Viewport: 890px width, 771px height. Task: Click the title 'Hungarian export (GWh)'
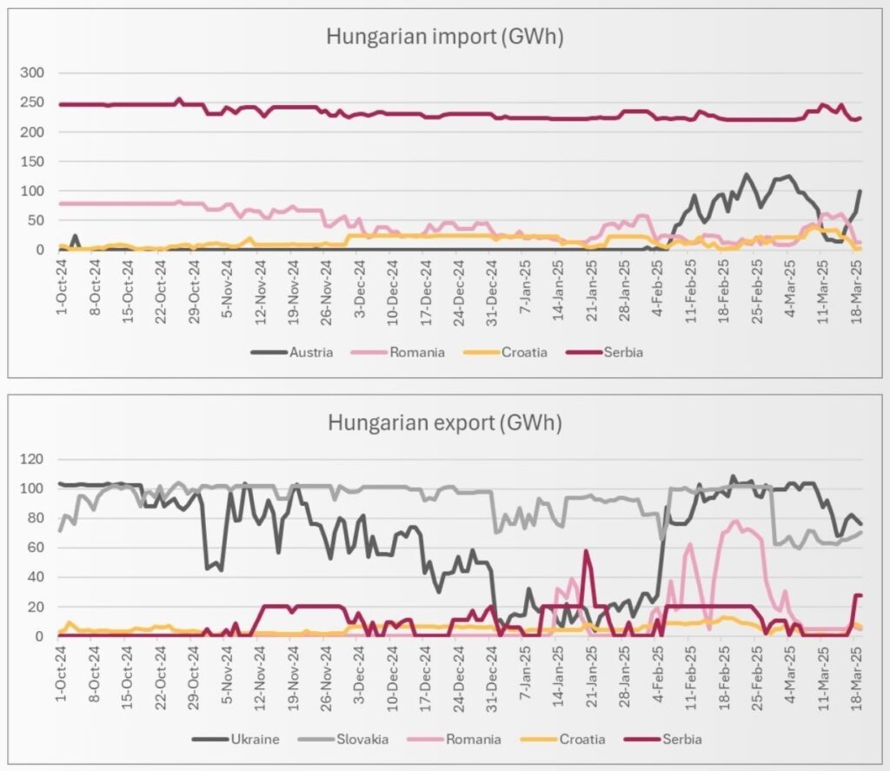(444, 423)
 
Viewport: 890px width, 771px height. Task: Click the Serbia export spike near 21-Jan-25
(587, 551)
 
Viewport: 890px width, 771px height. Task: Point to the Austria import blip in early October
(75, 236)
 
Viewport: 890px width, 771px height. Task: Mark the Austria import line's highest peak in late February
(745, 175)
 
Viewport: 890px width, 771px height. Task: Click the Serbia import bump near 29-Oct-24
(179, 100)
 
